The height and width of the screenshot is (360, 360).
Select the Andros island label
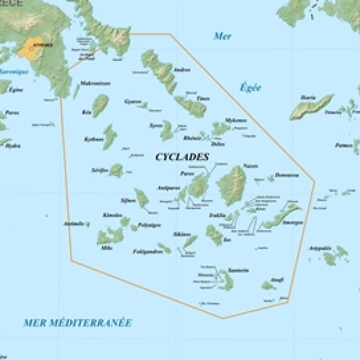[182, 70]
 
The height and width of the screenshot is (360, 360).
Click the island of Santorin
[224, 280]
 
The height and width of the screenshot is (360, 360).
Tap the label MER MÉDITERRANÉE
[78, 323]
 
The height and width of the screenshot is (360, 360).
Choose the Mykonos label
[235, 120]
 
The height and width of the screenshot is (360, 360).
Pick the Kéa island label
[87, 112]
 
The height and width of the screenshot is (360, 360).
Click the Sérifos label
[99, 169]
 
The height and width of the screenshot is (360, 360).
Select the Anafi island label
[277, 280]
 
